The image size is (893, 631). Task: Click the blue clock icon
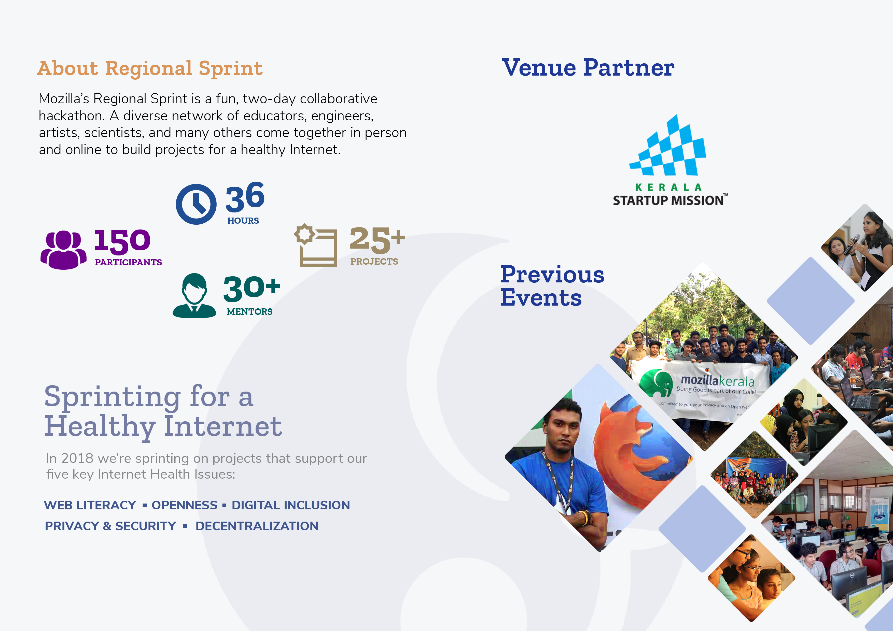tap(196, 204)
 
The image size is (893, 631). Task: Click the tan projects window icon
tap(315, 245)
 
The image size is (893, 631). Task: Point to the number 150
tap(122, 241)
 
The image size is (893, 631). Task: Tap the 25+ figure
tap(377, 240)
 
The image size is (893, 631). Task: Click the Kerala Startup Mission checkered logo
tap(668, 145)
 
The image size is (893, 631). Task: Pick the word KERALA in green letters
tap(668, 188)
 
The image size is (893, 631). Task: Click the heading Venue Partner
tap(588, 68)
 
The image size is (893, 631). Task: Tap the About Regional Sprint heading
tap(150, 68)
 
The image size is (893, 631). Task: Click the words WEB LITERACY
tap(90, 505)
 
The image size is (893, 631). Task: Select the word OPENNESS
tap(184, 505)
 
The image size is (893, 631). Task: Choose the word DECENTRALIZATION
tap(257, 526)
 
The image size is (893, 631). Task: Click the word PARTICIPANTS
tap(128, 262)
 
